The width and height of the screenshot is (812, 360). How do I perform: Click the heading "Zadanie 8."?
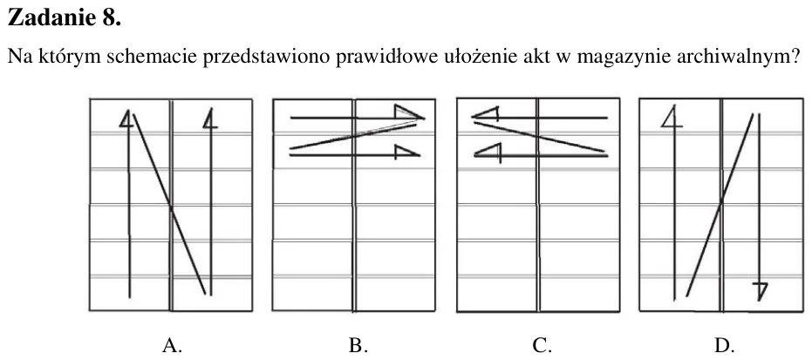[65, 17]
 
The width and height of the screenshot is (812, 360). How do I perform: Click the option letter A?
[172, 344]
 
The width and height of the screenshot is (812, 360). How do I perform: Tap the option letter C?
[541, 344]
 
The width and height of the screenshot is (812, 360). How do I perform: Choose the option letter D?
[723, 344]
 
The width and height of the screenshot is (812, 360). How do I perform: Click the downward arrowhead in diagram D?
[760, 292]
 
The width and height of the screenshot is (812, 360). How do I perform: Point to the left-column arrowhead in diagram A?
[126, 119]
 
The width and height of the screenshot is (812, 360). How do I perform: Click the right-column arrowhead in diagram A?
[209, 119]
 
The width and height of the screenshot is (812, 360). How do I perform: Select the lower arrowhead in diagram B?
[406, 152]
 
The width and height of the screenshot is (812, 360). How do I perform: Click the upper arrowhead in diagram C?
[485, 115]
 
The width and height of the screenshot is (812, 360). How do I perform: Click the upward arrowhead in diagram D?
[672, 117]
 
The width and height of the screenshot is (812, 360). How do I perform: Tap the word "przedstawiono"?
[266, 57]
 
